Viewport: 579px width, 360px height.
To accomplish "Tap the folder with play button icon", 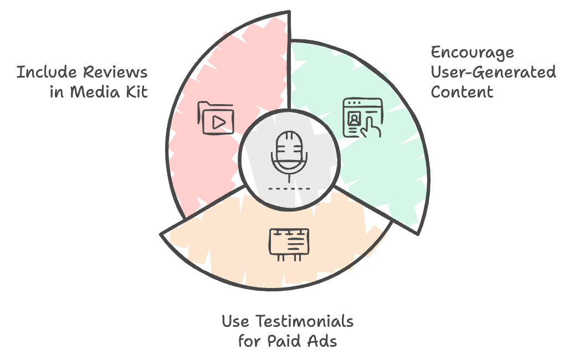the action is click(216, 118).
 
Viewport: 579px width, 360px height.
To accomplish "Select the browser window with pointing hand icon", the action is click(362, 118).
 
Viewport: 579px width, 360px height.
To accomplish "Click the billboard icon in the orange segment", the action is click(289, 244).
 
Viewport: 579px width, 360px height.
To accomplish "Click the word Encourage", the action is click(472, 53).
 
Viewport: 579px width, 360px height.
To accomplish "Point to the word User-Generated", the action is click(493, 72).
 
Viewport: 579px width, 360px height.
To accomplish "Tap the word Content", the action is click(462, 92).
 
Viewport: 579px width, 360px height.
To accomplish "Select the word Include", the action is click(47, 72).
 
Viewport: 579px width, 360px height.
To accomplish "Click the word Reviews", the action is click(115, 72).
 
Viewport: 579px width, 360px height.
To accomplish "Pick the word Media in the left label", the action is click(95, 92).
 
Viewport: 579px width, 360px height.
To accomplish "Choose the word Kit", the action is click(137, 92).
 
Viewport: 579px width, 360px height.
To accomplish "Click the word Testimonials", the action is click(304, 321).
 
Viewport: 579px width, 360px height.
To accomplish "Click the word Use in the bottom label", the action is click(235, 321).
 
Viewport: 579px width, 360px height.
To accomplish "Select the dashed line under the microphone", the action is click(289, 189).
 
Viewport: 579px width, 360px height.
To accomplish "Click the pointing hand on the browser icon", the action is click(370, 128).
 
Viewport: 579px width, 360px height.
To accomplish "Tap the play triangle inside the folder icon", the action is click(219, 122).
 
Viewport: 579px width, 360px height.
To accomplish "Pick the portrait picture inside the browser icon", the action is click(354, 119).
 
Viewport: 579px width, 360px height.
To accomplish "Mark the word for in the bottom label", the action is click(250, 341).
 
